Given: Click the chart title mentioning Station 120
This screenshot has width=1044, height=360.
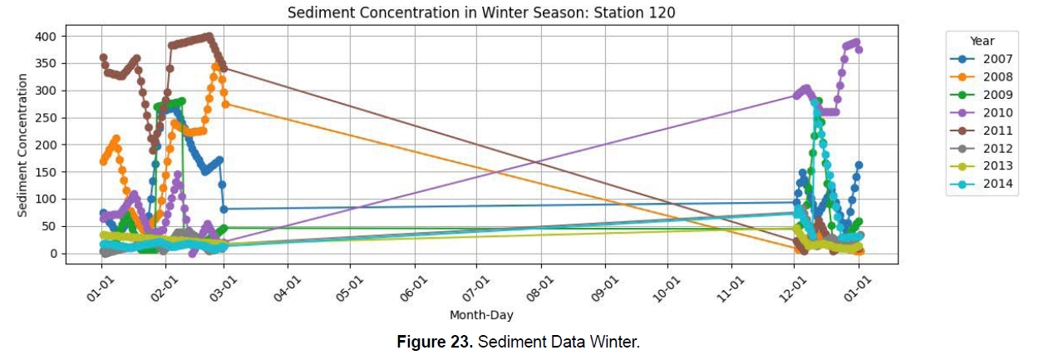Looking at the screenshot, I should (481, 13).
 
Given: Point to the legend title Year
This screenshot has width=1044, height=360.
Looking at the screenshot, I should (982, 41).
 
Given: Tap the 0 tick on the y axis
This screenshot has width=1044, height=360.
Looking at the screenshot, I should (52, 254).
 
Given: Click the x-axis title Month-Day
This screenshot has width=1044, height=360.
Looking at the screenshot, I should (481, 315).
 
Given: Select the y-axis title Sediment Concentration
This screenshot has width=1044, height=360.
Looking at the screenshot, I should (23, 145).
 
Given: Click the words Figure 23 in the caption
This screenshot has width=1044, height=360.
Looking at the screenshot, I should (435, 343).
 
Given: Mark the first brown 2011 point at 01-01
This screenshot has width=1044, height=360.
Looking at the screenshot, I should (103, 58).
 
